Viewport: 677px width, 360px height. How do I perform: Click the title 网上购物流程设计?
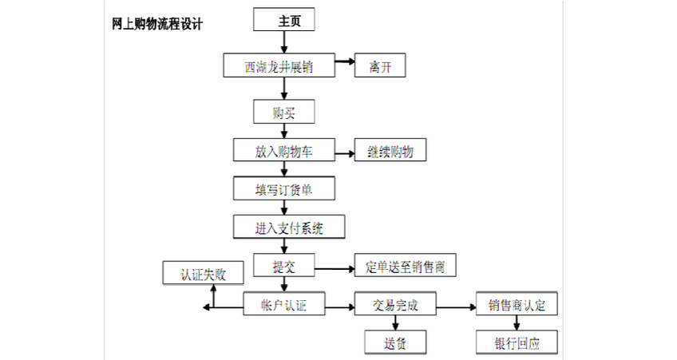157,25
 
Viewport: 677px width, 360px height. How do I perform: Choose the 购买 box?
284,111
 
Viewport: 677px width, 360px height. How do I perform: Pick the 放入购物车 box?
284,150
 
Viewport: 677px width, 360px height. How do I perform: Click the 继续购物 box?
390,150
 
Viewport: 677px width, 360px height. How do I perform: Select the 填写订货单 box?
284,189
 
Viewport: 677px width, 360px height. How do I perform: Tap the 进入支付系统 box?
290,227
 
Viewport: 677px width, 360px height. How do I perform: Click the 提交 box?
284,265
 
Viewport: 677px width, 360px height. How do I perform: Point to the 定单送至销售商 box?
406,266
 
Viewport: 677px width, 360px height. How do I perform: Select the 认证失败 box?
204,274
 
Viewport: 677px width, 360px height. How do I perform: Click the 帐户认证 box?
284,304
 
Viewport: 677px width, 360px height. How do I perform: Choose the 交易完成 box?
396,304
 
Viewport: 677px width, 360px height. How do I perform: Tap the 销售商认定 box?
517,304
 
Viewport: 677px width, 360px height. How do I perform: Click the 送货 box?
396,342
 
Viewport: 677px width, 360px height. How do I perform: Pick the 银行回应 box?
517,342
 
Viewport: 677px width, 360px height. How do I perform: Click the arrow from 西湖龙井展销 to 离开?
344,61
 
